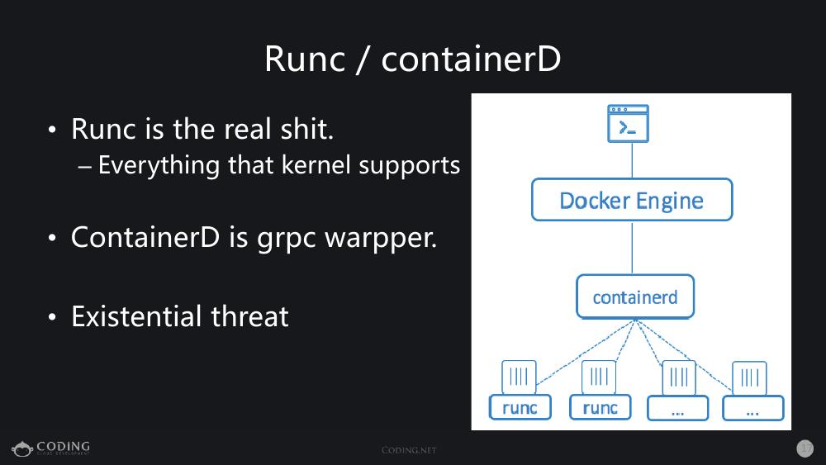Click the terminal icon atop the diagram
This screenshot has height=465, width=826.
point(628,123)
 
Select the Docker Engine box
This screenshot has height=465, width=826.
point(631,200)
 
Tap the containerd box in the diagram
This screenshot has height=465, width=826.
point(634,297)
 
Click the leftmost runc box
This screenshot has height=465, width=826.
point(520,407)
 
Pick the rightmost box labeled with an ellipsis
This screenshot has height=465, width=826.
point(752,408)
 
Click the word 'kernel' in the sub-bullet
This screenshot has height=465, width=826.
point(316,165)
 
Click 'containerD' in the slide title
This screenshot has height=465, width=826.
point(471,59)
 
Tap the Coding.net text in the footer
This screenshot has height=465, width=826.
point(409,450)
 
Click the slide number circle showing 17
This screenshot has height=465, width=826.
point(805,448)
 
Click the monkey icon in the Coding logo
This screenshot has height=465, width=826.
point(21,448)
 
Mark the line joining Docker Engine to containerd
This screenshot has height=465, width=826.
point(632,248)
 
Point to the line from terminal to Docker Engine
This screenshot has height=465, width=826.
point(632,160)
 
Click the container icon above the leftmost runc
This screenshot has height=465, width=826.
point(519,377)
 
